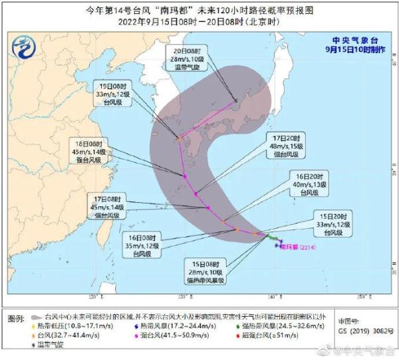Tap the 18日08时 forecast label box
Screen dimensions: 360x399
90,151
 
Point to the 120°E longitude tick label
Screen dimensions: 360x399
92,296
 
